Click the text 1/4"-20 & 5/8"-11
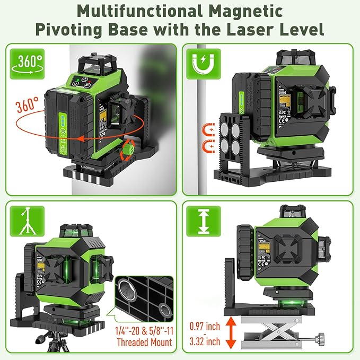(x=143, y=331)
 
